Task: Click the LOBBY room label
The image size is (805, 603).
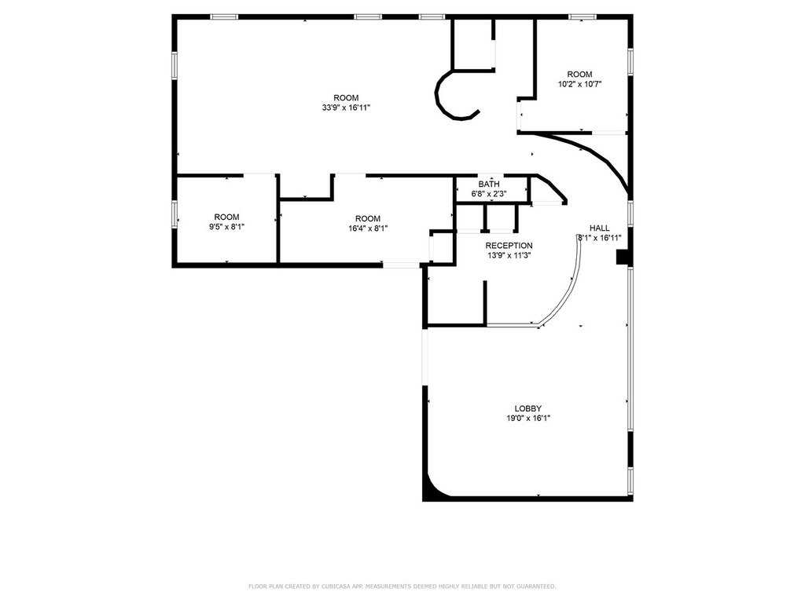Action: [x=527, y=408]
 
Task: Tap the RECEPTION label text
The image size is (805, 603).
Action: [x=509, y=245]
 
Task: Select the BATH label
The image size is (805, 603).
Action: [x=488, y=185]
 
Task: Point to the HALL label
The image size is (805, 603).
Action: [x=600, y=228]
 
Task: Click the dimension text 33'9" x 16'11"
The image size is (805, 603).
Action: [x=346, y=108]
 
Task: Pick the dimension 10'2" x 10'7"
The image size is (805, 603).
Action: [x=580, y=84]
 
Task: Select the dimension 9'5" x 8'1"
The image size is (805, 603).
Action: [x=227, y=227]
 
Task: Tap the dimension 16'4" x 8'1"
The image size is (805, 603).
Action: [x=367, y=228]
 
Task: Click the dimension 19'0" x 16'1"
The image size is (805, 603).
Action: [x=527, y=418]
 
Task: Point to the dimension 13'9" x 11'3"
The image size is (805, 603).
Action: [x=509, y=254]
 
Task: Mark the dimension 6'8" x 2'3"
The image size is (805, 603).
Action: [x=488, y=193]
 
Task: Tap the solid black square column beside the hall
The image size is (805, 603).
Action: [x=623, y=257]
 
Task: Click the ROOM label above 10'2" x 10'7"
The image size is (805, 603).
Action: [x=580, y=75]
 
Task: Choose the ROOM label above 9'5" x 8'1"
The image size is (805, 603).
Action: [x=227, y=217]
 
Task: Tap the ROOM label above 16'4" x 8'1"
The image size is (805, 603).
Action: [x=367, y=218]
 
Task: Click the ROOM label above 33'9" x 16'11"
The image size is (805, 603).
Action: [x=346, y=98]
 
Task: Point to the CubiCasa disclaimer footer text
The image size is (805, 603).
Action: [x=402, y=586]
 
